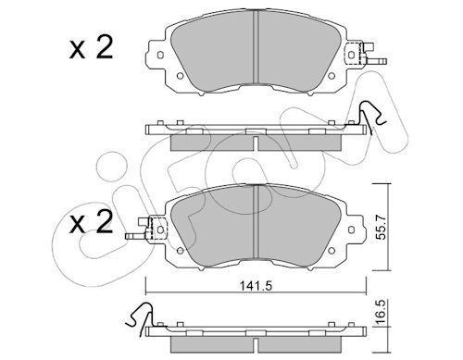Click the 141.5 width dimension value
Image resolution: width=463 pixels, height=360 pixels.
coord(256,286)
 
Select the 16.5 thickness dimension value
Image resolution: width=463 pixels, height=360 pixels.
coord(381,312)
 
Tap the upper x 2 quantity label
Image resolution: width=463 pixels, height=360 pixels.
coord(91,48)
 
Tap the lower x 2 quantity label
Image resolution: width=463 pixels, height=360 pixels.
coord(91,223)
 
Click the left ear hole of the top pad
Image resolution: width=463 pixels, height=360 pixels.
coord(160,55)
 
